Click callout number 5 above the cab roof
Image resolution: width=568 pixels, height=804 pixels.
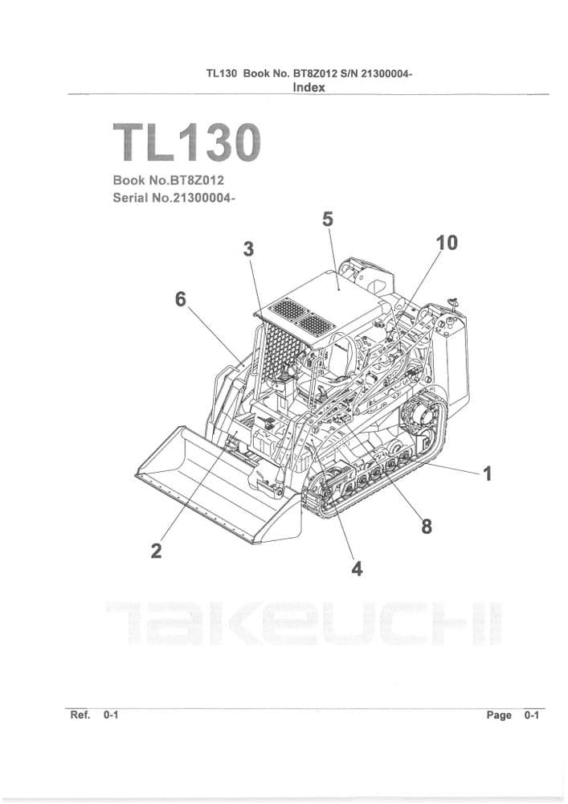click(327, 219)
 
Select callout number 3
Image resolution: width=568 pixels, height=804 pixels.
click(249, 249)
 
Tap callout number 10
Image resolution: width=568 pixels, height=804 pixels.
click(446, 242)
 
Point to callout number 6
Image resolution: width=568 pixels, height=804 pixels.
click(181, 299)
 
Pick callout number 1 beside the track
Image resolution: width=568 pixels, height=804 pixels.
click(487, 474)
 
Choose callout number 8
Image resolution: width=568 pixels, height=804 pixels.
click(426, 527)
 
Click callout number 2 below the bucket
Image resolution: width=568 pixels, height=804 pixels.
click(157, 551)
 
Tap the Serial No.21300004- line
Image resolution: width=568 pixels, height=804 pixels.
click(174, 198)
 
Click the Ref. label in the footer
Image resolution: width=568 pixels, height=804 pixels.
click(80, 714)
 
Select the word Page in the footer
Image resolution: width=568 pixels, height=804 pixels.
click(498, 715)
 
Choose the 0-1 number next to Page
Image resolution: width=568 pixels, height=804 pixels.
click(531, 715)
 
